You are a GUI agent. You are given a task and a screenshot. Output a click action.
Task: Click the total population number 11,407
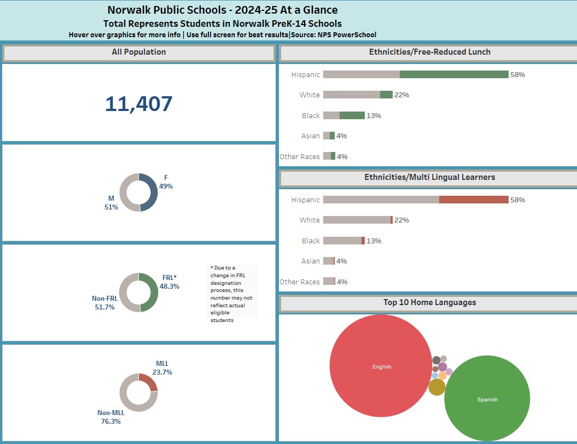(x=139, y=104)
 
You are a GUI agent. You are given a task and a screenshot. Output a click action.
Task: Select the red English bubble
(x=381, y=366)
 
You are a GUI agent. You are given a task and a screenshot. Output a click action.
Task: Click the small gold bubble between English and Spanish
(x=437, y=387)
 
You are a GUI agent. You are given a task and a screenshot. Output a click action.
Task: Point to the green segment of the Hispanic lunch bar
(x=454, y=74)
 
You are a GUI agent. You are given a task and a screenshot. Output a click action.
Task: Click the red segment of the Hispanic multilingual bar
(x=474, y=200)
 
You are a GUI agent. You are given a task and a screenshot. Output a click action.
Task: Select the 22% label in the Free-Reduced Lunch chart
(x=402, y=95)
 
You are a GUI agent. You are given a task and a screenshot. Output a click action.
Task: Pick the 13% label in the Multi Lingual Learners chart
(x=374, y=241)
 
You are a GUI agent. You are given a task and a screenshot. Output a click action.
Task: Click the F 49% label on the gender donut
(x=166, y=182)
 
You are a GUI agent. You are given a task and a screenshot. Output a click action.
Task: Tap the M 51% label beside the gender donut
(x=111, y=203)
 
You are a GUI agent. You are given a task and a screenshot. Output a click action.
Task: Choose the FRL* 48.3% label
(x=170, y=282)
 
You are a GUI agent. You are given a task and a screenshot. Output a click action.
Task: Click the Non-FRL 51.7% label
(x=104, y=303)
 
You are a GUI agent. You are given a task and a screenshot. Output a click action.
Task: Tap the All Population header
(x=139, y=52)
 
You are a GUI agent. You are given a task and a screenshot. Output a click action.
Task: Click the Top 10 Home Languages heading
(x=429, y=302)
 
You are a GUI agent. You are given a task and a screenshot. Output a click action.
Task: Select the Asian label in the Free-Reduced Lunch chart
(x=310, y=136)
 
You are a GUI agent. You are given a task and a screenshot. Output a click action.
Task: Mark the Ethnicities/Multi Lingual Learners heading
(x=429, y=177)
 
